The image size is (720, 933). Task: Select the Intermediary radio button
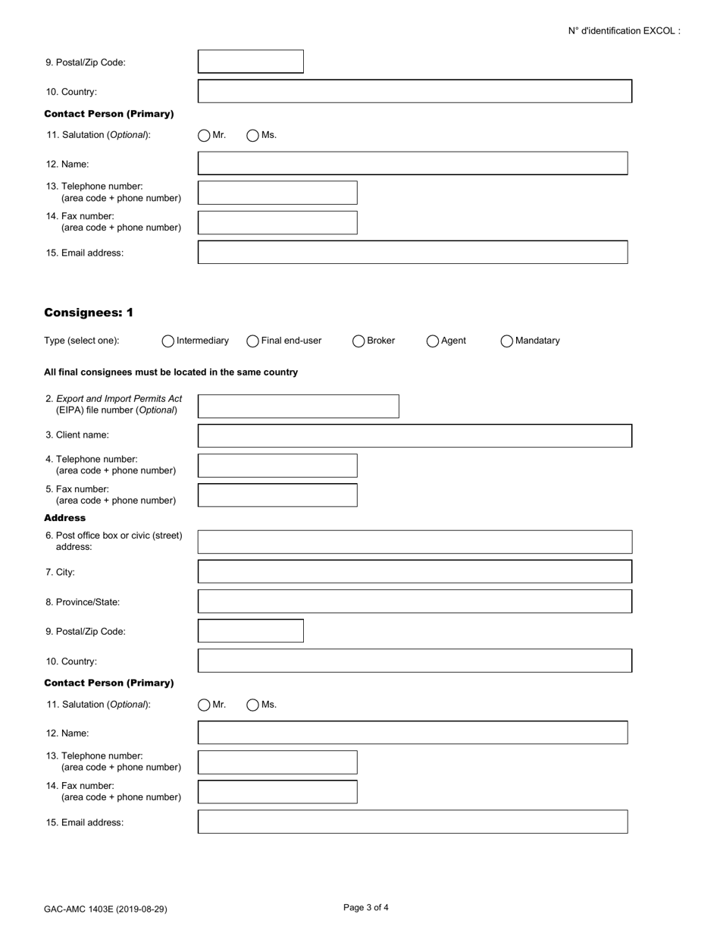click(168, 341)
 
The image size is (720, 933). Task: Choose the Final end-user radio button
click(253, 341)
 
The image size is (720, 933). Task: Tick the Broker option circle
click(358, 341)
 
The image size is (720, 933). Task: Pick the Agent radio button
click(433, 341)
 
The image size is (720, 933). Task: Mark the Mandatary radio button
click(507, 341)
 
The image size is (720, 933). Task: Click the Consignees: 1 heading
click(89, 313)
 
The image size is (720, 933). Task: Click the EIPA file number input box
click(298, 407)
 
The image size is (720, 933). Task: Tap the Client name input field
click(415, 436)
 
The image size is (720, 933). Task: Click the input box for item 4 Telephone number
click(277, 466)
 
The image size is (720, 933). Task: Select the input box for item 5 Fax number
click(277, 495)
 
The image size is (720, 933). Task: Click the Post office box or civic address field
click(415, 542)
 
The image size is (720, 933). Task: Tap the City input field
click(415, 572)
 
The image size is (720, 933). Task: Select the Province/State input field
click(415, 602)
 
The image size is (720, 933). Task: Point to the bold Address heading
click(65, 517)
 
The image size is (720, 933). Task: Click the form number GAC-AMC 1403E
click(105, 909)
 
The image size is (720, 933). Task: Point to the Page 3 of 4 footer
click(366, 907)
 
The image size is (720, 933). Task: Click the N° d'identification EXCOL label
click(624, 31)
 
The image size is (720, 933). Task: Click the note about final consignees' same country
click(171, 372)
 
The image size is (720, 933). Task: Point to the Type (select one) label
click(82, 341)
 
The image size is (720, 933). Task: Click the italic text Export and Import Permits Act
click(119, 399)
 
